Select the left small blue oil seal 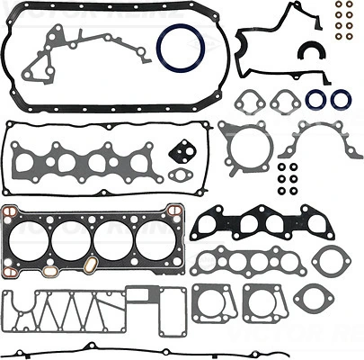(x=315, y=99)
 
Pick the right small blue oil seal (x=342, y=99)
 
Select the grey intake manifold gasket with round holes (x=244, y=261)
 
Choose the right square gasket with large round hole (x=260, y=304)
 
